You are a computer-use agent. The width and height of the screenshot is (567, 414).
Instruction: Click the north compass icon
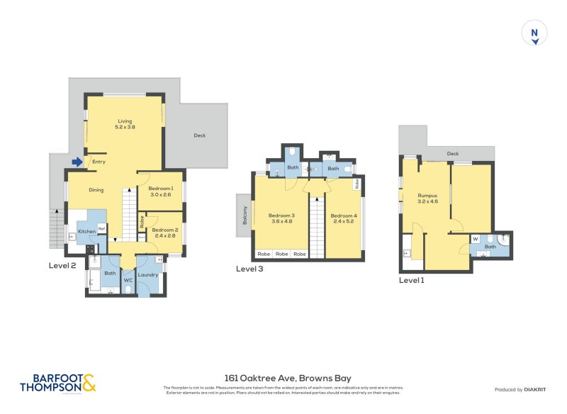(535, 34)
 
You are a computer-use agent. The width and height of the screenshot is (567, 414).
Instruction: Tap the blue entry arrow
(77, 162)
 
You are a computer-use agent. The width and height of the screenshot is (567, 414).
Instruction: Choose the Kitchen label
(86, 231)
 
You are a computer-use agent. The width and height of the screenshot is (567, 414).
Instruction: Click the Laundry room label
(147, 274)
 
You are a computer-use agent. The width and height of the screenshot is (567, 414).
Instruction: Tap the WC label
(128, 280)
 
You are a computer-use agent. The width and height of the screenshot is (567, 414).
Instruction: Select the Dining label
(96, 190)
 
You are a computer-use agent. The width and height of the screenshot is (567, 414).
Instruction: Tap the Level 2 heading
(62, 265)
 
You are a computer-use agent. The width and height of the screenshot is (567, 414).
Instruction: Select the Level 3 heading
(250, 269)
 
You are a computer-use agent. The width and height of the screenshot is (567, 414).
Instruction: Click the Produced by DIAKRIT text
(519, 390)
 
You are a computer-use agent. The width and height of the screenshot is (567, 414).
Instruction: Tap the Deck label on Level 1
(453, 153)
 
